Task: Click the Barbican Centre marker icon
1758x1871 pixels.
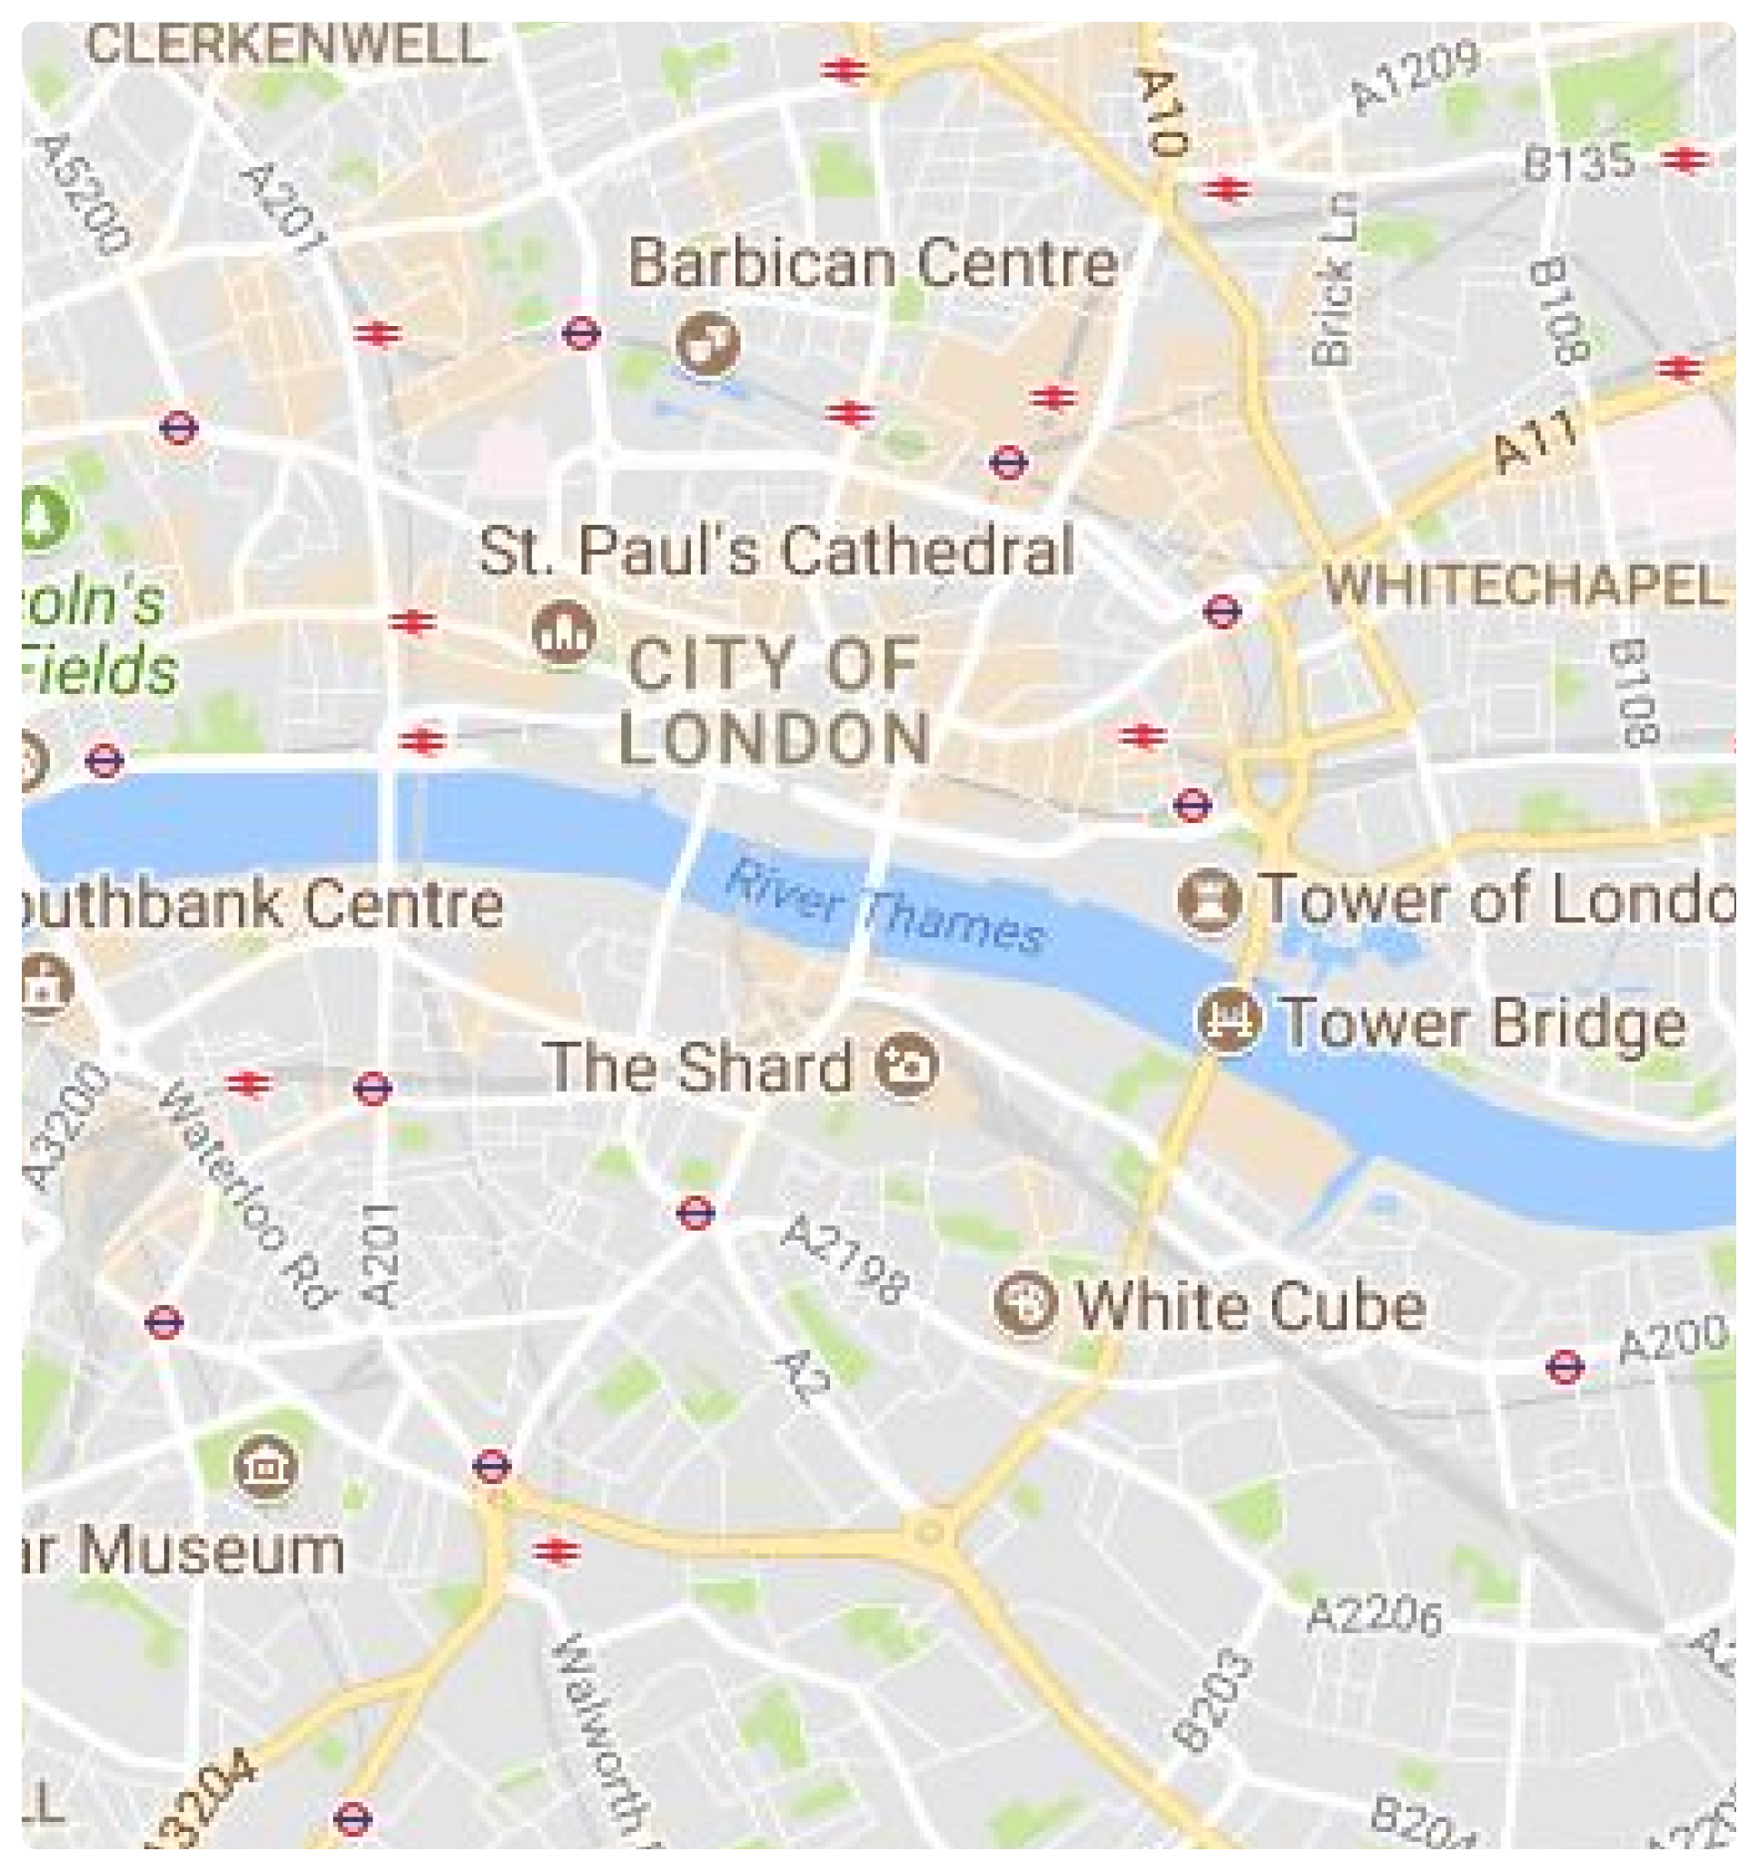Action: (706, 345)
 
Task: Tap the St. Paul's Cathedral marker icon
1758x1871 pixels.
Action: (564, 633)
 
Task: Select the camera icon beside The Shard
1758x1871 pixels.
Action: (906, 1067)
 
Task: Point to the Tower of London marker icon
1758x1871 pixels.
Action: (1209, 901)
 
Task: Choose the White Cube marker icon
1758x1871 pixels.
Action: (1026, 1303)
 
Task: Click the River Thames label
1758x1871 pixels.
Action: (884, 907)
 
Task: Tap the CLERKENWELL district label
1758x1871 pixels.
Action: (287, 44)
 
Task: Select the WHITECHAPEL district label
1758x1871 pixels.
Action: (1524, 586)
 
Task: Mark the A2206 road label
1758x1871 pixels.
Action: (1375, 1616)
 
